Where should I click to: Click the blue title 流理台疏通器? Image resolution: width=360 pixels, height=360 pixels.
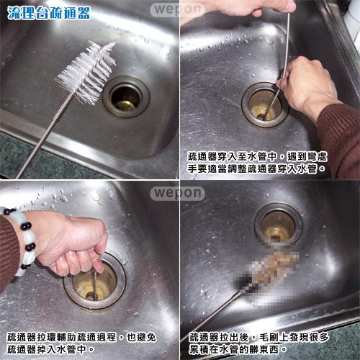[49, 13]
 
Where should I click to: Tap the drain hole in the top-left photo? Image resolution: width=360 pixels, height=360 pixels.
[126, 96]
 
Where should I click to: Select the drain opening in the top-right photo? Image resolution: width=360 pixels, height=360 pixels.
[264, 104]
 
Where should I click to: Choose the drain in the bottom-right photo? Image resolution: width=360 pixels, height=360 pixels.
[278, 225]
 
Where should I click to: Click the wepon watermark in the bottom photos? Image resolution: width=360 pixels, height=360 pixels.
[178, 193]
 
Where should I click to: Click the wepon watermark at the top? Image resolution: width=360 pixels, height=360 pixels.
[178, 9]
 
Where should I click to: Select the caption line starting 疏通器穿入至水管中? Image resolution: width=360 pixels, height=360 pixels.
[257, 156]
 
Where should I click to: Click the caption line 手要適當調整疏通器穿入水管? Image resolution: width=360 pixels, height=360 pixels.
[256, 168]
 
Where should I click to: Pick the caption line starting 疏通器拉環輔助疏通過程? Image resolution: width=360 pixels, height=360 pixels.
[81, 337]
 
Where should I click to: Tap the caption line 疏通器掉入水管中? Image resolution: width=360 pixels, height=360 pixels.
[50, 349]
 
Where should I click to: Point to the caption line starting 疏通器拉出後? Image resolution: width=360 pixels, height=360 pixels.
[259, 337]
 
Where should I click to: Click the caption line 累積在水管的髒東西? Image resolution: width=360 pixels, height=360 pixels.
[238, 349]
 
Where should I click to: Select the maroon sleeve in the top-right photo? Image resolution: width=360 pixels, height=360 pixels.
[341, 139]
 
